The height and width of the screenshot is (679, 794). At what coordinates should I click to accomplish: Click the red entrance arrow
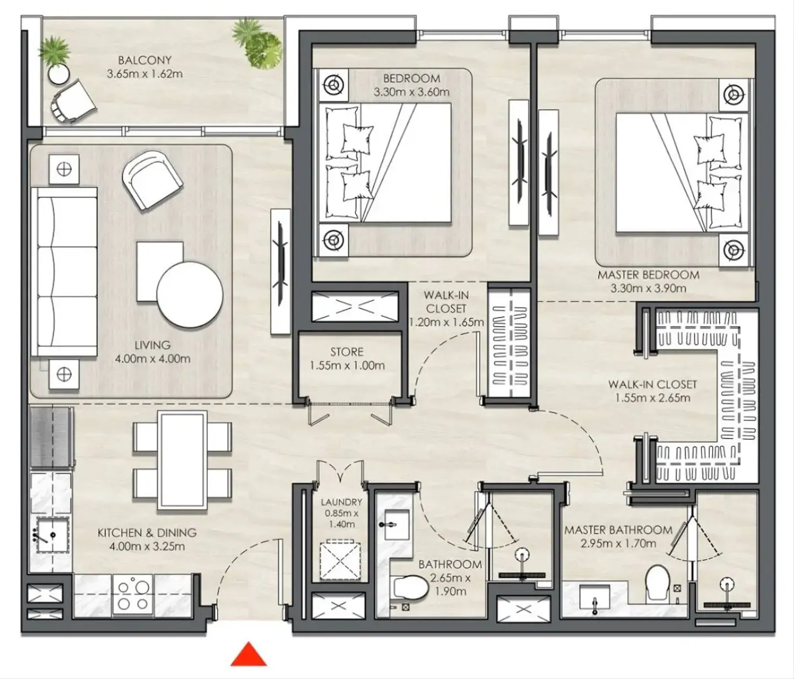click(249, 654)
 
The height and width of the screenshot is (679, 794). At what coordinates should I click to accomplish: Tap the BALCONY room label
click(144, 60)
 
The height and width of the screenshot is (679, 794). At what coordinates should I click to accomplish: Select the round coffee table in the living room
click(190, 295)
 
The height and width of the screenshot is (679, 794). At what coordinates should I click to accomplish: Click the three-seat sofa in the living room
click(64, 272)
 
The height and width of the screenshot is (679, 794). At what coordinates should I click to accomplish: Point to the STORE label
click(347, 351)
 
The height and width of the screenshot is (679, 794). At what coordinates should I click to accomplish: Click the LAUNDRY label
click(341, 502)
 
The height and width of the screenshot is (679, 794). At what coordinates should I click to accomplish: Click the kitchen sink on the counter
click(53, 534)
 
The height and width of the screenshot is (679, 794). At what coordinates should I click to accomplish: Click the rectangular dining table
click(183, 461)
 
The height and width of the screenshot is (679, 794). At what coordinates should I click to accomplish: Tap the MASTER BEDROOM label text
click(648, 275)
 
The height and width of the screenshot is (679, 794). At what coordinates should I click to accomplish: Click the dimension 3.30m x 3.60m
click(411, 92)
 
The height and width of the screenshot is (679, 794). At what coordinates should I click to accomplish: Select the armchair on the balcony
click(73, 102)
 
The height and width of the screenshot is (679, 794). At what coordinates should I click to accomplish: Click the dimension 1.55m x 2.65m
click(652, 398)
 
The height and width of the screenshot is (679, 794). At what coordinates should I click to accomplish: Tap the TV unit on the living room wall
click(281, 272)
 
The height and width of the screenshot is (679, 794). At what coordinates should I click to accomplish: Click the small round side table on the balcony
click(59, 74)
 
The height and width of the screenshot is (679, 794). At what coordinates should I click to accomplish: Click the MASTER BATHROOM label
click(618, 530)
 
